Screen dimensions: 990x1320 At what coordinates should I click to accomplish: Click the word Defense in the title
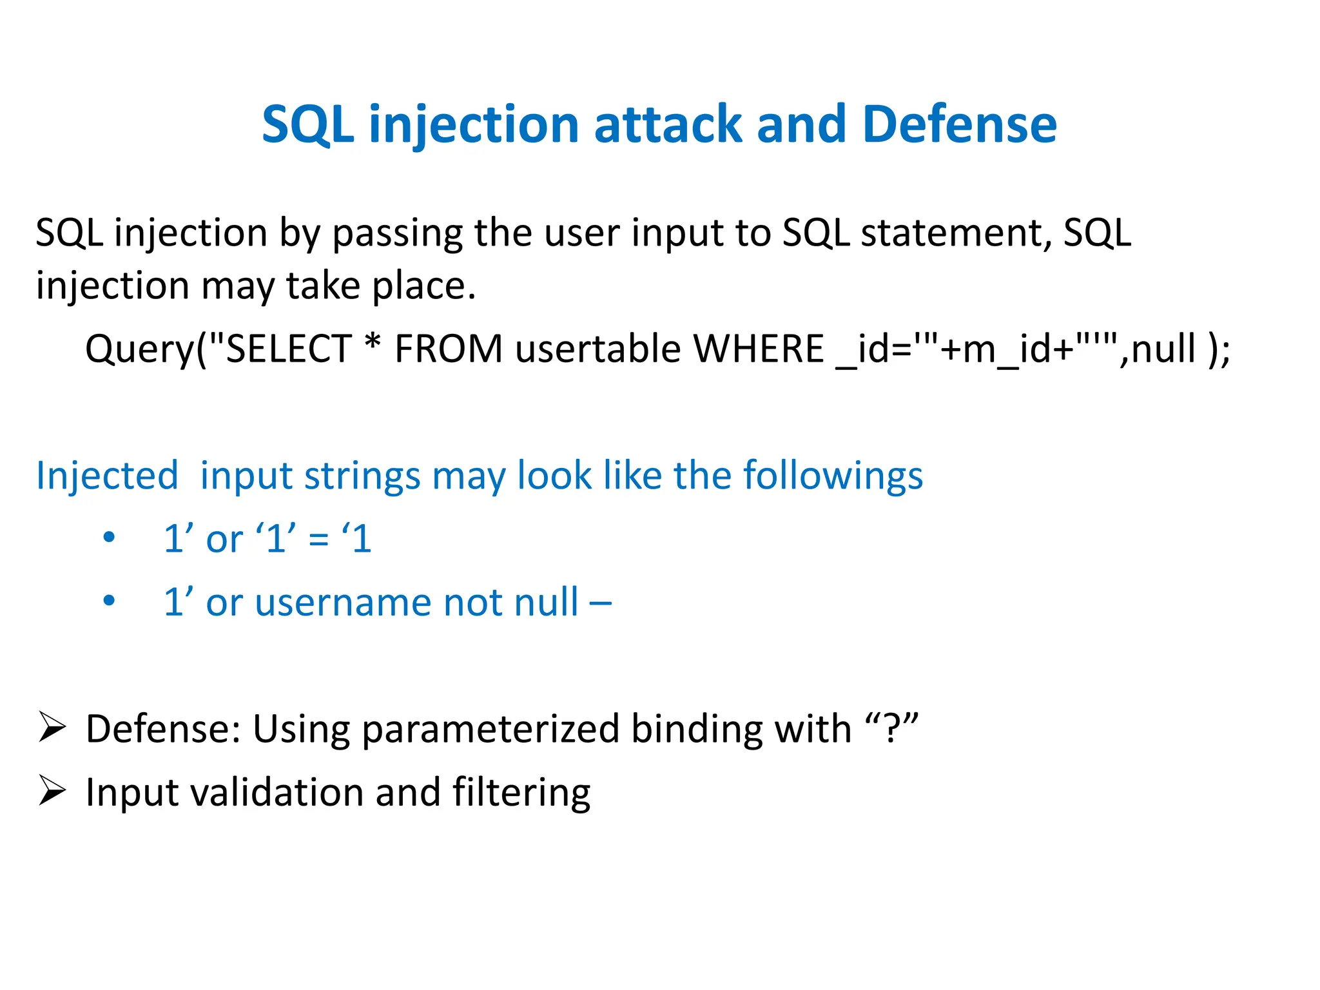[959, 124]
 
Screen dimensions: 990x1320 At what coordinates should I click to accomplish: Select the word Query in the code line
[139, 350]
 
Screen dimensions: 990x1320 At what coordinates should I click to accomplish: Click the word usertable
[597, 349]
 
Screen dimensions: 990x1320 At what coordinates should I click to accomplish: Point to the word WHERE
[759, 349]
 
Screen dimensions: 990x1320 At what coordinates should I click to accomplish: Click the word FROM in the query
[448, 349]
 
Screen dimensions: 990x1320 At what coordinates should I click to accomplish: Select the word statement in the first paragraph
[956, 233]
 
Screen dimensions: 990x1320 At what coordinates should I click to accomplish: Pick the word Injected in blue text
[107, 476]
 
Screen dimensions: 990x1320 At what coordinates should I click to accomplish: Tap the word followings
[833, 476]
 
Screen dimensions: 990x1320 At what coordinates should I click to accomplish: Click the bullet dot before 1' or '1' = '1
[109, 537]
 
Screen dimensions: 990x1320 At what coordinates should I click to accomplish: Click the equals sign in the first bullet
[318, 540]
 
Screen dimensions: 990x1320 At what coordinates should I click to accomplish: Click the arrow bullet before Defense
[52, 728]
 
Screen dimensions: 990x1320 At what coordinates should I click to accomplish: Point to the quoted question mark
[891, 728]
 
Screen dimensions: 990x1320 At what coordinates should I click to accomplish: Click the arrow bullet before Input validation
[52, 791]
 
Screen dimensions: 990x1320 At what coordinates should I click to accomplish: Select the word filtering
[521, 792]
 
